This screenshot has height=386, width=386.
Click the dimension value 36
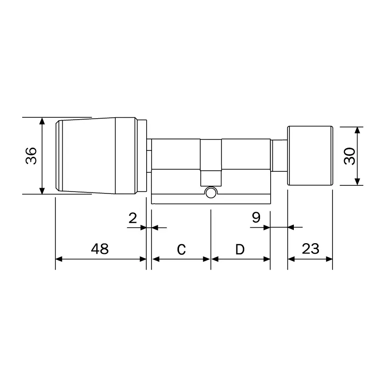tap(31, 156)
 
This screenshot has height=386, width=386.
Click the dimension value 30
tap(349, 156)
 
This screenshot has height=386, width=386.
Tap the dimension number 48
tap(100, 248)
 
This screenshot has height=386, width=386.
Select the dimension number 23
tap(310, 248)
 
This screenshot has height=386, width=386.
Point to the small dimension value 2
tap(133, 218)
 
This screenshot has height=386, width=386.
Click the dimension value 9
tap(256, 218)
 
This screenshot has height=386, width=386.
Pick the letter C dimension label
tap(181, 249)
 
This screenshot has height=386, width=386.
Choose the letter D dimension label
tap(240, 249)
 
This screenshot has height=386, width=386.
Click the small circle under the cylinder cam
tap(211, 193)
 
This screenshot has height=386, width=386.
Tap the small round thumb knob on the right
tap(310, 155)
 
